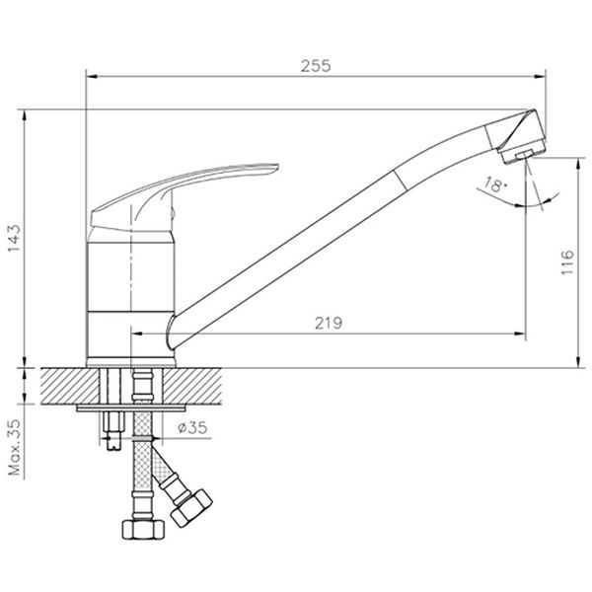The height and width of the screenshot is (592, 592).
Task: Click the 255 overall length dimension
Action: [x=316, y=66]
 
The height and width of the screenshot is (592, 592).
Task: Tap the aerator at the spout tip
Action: [x=522, y=151]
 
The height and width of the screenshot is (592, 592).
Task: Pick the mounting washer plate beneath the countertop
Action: [x=129, y=406]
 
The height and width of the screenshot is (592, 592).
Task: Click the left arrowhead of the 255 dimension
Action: [x=91, y=77]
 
